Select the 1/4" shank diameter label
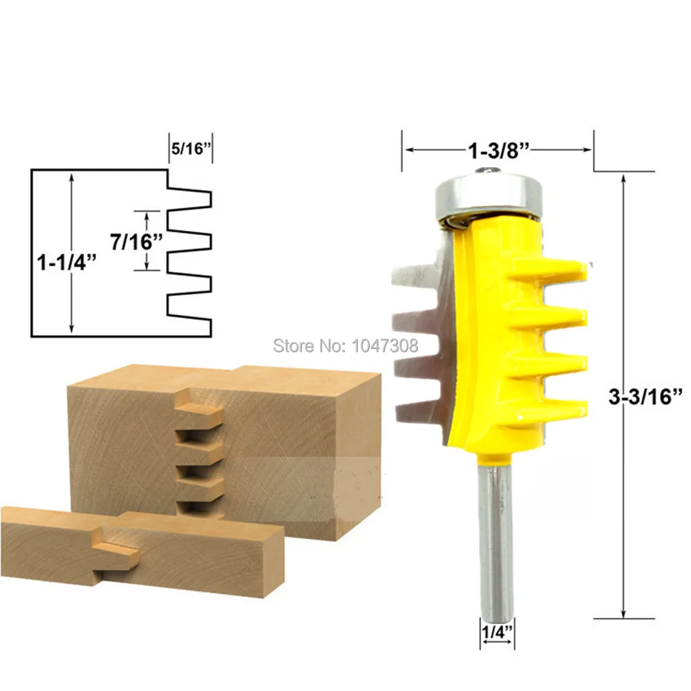[x=498, y=631]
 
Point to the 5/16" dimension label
[x=189, y=148]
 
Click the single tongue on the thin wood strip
[x=117, y=547]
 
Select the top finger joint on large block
[x=198, y=414]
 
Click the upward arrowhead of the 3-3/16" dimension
[x=624, y=178]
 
